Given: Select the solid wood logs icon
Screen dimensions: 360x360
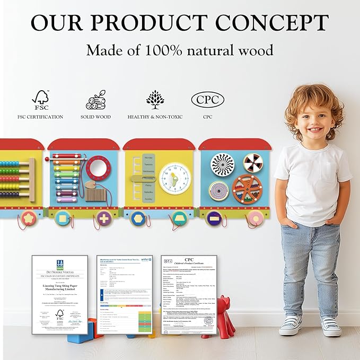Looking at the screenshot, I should tap(95, 100).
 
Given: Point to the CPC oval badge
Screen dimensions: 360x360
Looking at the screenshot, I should tap(207, 99).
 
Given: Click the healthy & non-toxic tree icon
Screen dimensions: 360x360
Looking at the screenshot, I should tap(155, 99).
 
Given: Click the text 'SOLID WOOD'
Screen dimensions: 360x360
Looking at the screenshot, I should tap(95, 117).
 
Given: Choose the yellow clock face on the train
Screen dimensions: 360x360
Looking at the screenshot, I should tap(175, 178).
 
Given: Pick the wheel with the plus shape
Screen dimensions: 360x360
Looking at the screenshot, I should tap(104, 218).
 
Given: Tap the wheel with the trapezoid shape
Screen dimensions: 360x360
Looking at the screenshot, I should tap(179, 218).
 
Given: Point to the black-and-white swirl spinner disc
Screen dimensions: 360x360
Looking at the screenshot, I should tap(222, 165).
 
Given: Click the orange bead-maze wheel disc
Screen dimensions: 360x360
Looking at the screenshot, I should tap(248, 189).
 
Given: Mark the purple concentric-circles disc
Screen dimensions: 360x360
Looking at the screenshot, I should tap(218, 190).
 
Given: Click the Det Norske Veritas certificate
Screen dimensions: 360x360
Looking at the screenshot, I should tap(59, 294).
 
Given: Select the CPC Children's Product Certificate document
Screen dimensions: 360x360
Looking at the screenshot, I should tap(189, 294).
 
